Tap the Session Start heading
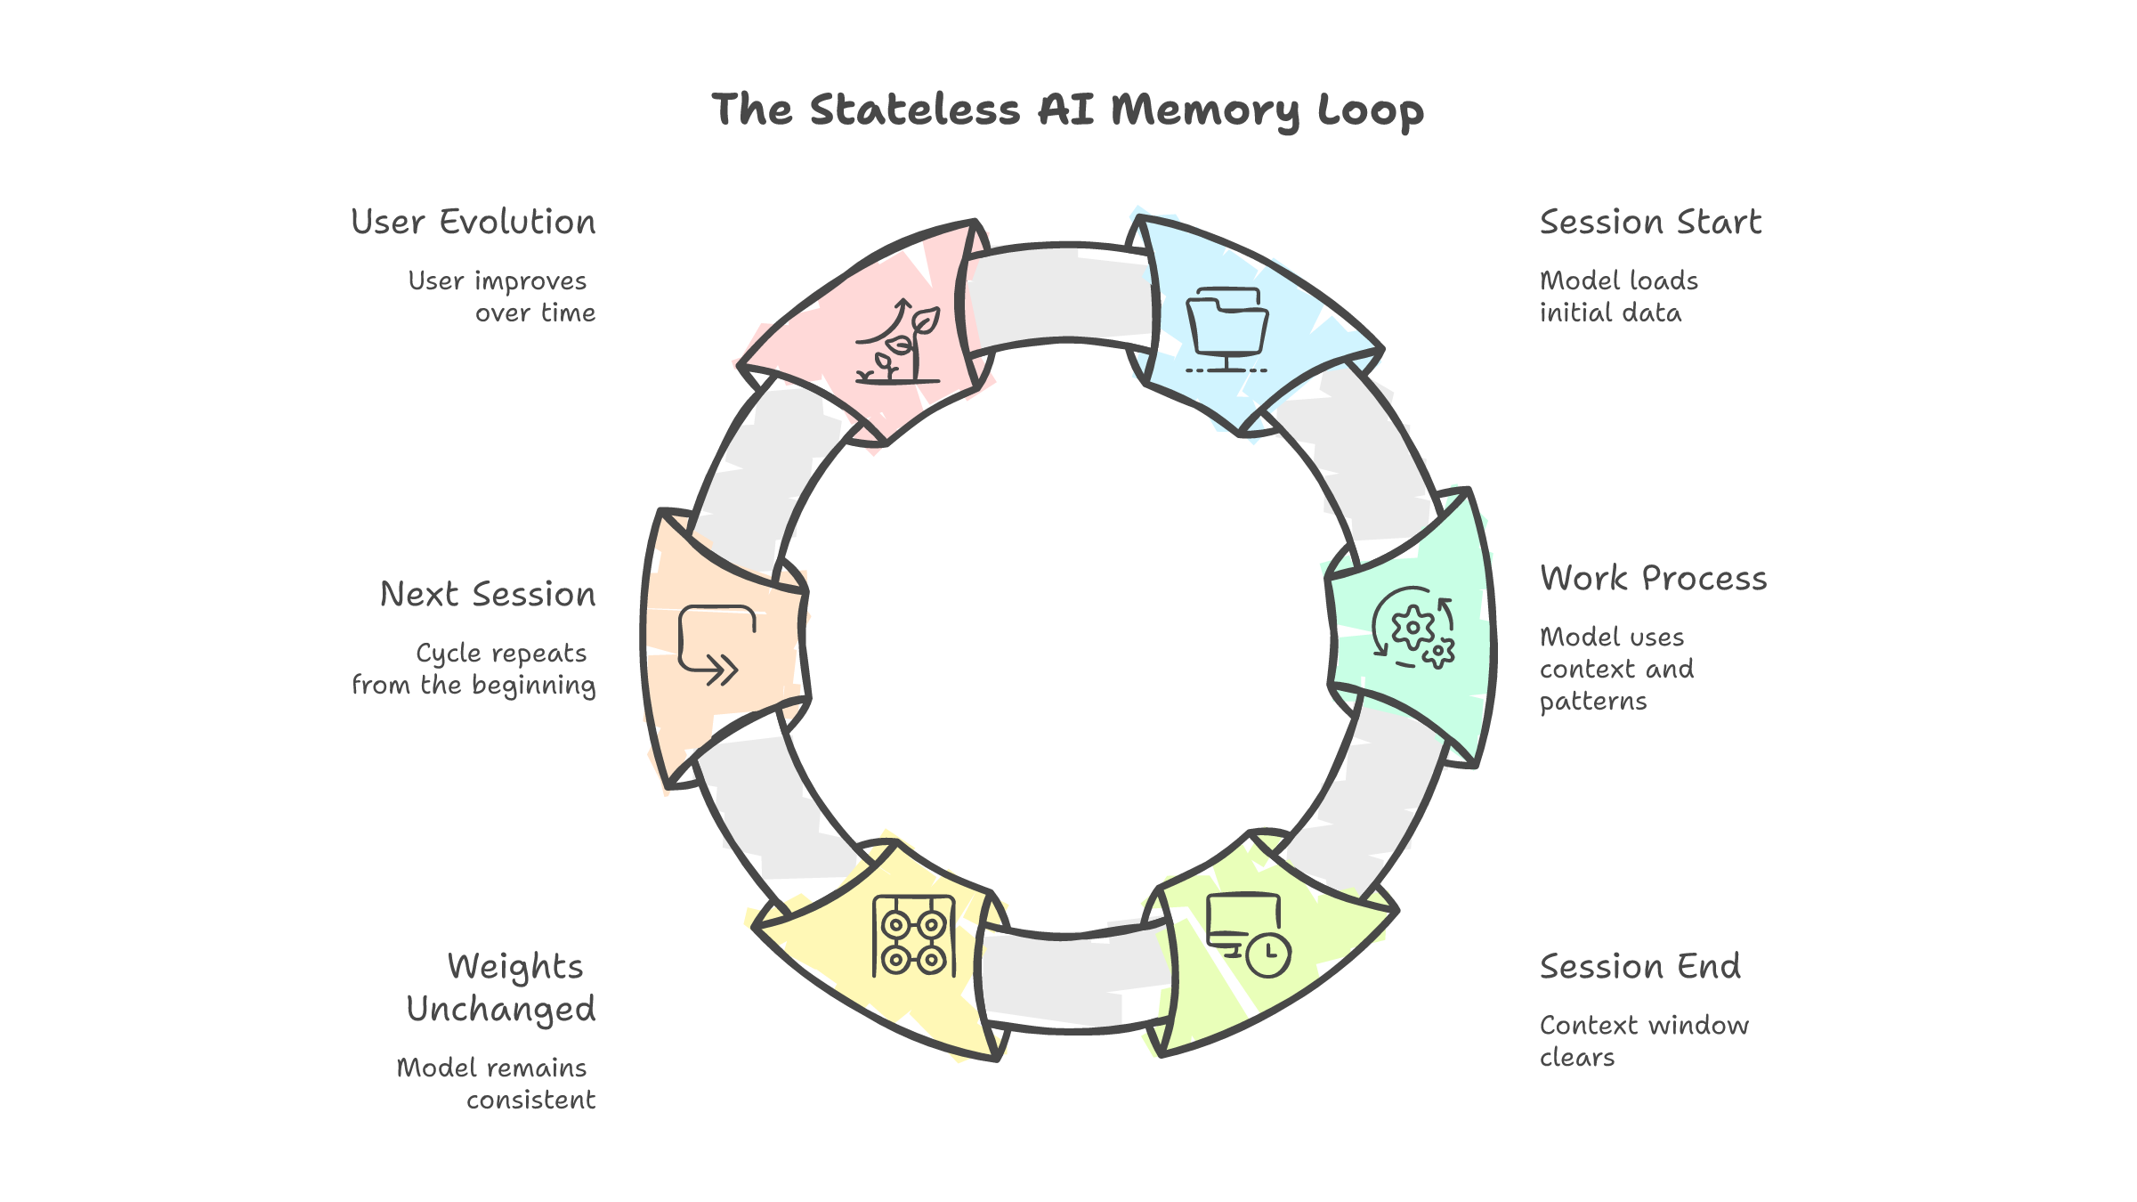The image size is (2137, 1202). coord(1650,222)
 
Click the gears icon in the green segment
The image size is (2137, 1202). coord(1413,629)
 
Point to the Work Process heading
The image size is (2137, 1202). coord(1653,579)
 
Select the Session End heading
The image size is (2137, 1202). coord(1639,966)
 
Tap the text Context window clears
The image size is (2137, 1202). coord(1643,1041)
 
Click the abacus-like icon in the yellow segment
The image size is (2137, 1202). coord(914,937)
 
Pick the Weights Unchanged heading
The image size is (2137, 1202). coord(502,987)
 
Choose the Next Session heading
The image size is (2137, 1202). coord(488,594)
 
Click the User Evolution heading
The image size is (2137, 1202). coord(474,222)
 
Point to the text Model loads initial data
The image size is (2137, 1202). coord(1618,296)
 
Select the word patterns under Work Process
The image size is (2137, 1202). coord(1593,702)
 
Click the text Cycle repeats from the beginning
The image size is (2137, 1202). coord(474,669)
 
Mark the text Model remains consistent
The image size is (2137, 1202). coord(496,1084)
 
